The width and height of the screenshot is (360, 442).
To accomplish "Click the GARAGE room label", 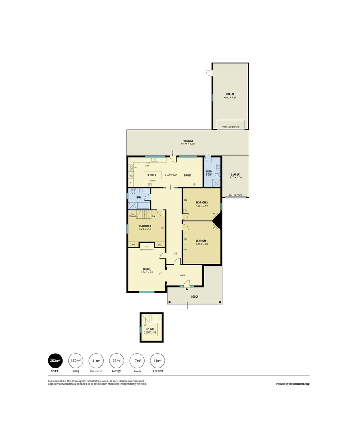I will (x=229, y=94).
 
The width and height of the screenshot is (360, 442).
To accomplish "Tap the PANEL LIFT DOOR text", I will (x=231, y=127).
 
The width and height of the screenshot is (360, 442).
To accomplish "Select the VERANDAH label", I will (x=188, y=141).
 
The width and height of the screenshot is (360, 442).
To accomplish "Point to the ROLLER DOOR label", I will (x=235, y=195).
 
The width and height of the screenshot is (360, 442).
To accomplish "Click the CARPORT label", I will (x=235, y=174).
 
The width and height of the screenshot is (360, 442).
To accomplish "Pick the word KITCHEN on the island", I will (x=152, y=175).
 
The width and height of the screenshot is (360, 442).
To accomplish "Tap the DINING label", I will (x=187, y=176).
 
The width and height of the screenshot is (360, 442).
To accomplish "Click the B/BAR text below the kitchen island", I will (x=152, y=180).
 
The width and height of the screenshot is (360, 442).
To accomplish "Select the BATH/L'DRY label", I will (x=209, y=173).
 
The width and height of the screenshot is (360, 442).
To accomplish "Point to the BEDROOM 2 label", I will (x=202, y=203).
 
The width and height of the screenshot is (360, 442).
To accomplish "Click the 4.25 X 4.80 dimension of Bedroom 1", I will (x=202, y=244).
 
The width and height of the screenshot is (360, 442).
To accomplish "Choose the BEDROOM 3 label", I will (x=145, y=226).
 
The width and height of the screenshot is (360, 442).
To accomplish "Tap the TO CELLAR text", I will (x=132, y=215).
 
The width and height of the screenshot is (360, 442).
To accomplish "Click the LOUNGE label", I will (x=147, y=269).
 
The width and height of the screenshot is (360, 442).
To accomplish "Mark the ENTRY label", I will (x=183, y=275).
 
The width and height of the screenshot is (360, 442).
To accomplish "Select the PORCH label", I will (x=195, y=297).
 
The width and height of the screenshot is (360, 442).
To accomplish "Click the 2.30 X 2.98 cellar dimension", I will (x=150, y=332).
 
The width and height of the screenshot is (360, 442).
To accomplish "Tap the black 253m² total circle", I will (x=55, y=361).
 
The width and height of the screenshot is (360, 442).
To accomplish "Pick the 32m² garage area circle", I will (x=116, y=361).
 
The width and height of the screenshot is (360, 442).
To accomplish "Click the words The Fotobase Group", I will (x=299, y=384).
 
